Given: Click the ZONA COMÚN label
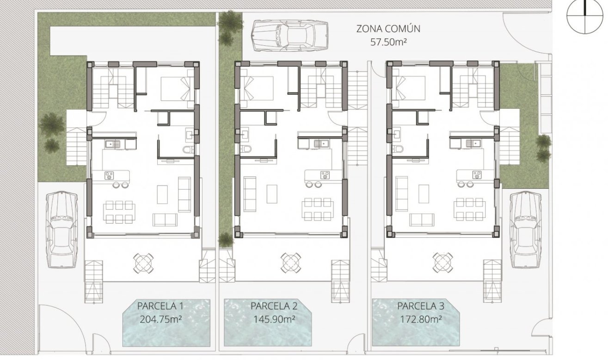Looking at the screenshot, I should (388, 29).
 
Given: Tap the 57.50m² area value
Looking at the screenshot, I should (388, 42).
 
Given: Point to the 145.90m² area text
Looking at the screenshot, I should (275, 319).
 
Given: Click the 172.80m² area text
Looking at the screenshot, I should (420, 319).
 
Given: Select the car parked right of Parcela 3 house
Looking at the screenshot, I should (525, 230).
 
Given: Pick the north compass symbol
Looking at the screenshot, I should (586, 15).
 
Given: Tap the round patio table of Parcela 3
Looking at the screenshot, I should (443, 262).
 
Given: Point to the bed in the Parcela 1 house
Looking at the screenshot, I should (177, 87).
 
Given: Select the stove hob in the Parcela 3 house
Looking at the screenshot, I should (476, 174).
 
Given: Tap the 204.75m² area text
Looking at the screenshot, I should (160, 319).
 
